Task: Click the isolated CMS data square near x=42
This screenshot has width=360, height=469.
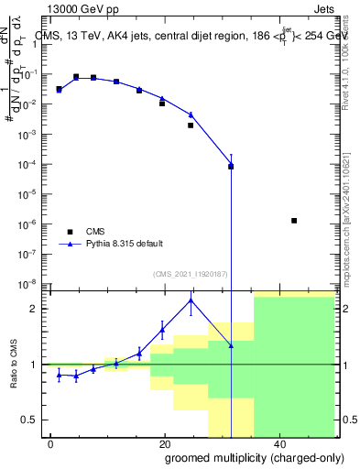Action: point(293,221)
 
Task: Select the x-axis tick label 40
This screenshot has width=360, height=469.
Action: point(279,444)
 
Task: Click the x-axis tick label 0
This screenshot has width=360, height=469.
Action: point(51,444)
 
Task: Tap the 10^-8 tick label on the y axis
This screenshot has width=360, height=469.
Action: point(32,283)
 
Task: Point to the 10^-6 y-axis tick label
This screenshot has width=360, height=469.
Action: point(32,224)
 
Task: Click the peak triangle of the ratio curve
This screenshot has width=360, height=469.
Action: point(191,300)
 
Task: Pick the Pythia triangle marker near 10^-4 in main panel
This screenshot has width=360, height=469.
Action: point(231,166)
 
